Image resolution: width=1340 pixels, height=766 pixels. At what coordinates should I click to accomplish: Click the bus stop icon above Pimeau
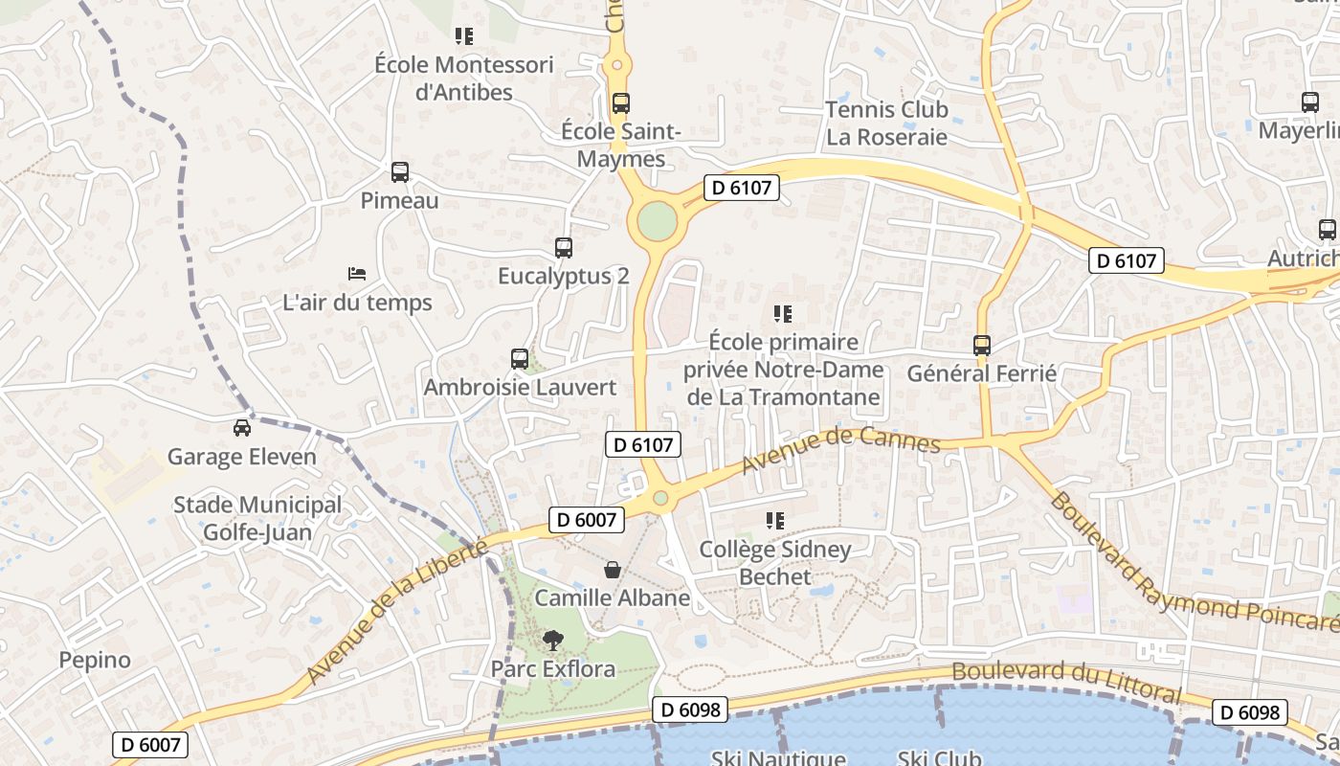point(400,172)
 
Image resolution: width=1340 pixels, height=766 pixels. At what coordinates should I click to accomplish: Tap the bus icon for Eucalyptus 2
point(564,248)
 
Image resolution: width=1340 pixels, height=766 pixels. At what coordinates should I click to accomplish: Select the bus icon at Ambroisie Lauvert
point(520,359)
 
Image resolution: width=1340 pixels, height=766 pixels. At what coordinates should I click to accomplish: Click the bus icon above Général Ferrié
point(981,346)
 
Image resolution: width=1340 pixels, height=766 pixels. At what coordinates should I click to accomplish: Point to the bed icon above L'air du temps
point(357,274)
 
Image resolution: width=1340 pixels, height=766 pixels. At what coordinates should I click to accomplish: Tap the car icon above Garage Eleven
point(242,428)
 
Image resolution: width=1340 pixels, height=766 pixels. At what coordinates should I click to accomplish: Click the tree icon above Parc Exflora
point(552,640)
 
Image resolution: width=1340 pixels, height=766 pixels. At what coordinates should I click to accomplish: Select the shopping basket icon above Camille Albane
point(613,570)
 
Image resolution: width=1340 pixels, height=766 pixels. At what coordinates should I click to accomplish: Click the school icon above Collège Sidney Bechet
point(775,521)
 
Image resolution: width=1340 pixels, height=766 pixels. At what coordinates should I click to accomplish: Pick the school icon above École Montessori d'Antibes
point(464,36)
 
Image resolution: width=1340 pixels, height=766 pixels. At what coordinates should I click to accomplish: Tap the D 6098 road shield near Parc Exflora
point(690,710)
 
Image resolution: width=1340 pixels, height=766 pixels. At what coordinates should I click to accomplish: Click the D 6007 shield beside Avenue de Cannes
point(587,520)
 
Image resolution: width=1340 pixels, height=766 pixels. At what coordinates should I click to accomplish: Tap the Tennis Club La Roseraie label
point(886,123)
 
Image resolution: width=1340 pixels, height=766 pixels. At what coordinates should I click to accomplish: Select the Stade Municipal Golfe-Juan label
point(257,518)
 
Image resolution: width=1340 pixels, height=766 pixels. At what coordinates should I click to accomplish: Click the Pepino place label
point(95,660)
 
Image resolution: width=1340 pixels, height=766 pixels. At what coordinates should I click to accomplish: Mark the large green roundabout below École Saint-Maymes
point(657,221)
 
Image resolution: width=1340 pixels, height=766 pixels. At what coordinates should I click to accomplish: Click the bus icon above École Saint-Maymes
point(621,102)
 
